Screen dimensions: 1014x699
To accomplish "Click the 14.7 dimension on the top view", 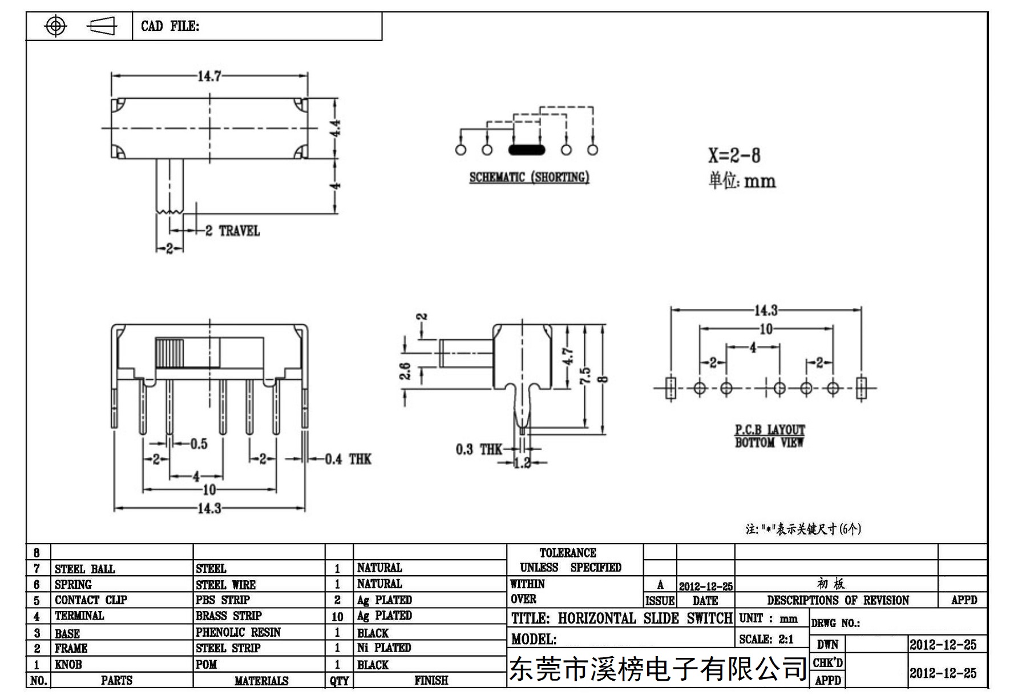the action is pos(209,76).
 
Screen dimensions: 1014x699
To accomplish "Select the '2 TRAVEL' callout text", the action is pos(233,231).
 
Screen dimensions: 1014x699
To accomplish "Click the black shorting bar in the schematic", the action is pos(526,150).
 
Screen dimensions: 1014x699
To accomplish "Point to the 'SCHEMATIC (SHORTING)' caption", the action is pos(529,177).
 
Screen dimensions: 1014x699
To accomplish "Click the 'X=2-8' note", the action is pos(734,155).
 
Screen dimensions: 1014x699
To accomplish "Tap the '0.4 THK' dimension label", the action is pos(348,459).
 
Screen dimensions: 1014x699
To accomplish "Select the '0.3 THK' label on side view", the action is pos(479,449).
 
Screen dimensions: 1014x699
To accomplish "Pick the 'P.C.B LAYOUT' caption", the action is pos(770,430).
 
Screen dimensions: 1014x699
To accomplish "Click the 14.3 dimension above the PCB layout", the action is pos(766,310).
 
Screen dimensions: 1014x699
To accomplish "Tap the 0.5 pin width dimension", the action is pos(199,444).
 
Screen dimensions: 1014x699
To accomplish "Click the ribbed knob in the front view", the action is pos(169,352).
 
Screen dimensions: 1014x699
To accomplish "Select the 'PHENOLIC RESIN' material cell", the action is pos(238,632).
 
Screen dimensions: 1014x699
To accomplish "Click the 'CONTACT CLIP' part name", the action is pos(91,600).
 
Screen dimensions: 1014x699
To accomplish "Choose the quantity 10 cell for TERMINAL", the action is pos(338,617).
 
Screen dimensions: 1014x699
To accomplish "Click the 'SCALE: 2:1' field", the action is pos(766,640).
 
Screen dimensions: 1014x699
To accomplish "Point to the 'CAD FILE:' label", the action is pos(170,26).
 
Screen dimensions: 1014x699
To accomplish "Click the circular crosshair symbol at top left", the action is pos(55,26).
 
